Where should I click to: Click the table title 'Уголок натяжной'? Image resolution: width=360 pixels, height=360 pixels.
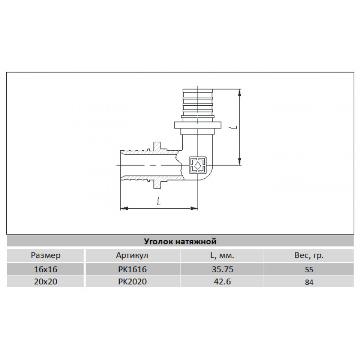tap(180, 241)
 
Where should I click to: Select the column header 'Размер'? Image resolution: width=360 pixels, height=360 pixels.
tap(45, 256)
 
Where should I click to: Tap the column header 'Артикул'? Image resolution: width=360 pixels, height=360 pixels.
tap(132, 256)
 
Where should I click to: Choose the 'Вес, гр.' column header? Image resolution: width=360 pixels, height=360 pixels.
tap(308, 256)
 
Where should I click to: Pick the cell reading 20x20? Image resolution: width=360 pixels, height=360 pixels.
tap(45, 282)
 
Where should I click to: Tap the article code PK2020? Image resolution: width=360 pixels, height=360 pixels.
tap(132, 282)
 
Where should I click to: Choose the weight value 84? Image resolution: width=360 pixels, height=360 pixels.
tap(308, 283)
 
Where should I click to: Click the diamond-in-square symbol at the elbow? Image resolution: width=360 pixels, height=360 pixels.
tap(198, 165)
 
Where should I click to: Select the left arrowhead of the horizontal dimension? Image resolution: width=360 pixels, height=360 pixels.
tap(123, 208)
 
